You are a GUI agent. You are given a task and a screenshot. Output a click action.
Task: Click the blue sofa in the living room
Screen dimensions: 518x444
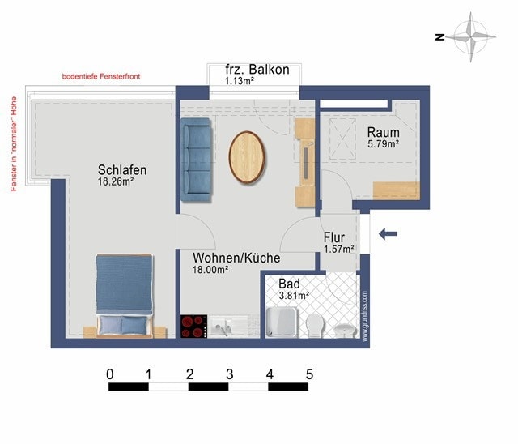196,160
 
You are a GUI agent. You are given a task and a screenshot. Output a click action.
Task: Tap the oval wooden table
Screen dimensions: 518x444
247,157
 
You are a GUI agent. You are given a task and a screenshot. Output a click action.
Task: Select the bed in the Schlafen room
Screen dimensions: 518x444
125,296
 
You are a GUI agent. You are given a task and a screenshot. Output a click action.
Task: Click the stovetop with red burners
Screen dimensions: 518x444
194,327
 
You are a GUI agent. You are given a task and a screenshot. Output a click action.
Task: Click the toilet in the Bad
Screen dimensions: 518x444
314,326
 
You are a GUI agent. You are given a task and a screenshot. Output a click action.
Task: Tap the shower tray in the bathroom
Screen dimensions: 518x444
282,322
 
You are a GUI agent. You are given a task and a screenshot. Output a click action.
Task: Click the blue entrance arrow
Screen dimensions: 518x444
388,233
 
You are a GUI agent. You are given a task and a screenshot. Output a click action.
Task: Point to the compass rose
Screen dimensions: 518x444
471,37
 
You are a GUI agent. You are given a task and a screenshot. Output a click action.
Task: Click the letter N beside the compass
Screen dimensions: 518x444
439,37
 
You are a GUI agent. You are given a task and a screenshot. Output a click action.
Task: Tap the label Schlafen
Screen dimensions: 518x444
122,170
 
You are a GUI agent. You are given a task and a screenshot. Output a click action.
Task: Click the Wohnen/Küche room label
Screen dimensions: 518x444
236,258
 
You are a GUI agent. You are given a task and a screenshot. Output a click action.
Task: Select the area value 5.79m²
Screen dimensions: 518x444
383,144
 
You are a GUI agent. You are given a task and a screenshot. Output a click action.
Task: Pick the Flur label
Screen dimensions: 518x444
334,237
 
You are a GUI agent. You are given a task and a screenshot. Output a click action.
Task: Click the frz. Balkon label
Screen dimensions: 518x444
257,70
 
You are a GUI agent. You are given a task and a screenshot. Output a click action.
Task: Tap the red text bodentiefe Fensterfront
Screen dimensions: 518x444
101,76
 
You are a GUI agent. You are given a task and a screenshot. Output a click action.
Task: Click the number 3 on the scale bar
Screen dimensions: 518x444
230,374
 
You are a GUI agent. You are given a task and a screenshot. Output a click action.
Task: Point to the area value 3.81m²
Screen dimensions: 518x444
294,295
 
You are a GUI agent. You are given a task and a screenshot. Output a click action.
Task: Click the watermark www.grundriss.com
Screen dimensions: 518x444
365,316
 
